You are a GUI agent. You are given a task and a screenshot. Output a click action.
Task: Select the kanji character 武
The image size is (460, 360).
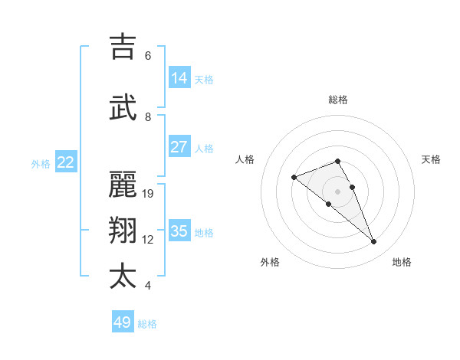(123, 108)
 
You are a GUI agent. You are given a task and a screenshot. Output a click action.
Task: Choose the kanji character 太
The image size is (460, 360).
(123, 276)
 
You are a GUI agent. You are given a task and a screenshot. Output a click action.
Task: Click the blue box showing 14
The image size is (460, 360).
(179, 78)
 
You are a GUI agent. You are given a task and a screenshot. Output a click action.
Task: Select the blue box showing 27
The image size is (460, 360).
(179, 147)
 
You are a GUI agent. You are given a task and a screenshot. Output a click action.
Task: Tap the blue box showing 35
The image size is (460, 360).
(179, 231)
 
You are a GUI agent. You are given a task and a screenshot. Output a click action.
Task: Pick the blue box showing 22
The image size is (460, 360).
(66, 162)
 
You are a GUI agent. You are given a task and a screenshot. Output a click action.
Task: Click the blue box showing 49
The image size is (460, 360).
(123, 322)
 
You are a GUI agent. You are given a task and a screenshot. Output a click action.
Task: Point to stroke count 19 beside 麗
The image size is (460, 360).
(148, 194)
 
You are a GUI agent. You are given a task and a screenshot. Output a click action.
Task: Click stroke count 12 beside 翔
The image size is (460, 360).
(148, 240)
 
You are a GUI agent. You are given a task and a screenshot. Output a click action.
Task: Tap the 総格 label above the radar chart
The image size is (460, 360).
(337, 100)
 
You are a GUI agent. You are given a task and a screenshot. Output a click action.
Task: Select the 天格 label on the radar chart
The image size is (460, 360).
(431, 159)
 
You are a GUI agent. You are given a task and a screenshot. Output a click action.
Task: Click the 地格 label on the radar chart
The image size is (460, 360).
(402, 262)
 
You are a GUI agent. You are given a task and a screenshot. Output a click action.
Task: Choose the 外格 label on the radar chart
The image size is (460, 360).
(270, 262)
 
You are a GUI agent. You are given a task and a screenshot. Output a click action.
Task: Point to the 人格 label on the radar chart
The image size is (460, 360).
(245, 159)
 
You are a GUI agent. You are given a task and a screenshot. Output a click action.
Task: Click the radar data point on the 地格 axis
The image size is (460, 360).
(374, 242)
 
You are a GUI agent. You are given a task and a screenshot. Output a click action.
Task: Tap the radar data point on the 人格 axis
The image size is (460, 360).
(294, 178)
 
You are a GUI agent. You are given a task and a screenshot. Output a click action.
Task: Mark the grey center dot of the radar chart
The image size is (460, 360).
(337, 191)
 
